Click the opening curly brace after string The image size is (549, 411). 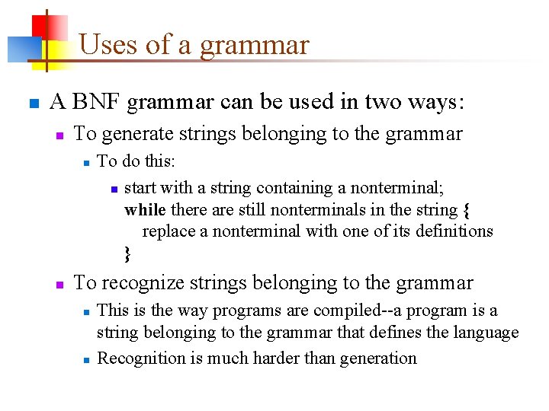click(x=466, y=209)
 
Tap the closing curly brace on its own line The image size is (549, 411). click(x=127, y=252)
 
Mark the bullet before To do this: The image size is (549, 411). click(x=87, y=161)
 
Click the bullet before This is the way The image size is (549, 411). click(x=87, y=311)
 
